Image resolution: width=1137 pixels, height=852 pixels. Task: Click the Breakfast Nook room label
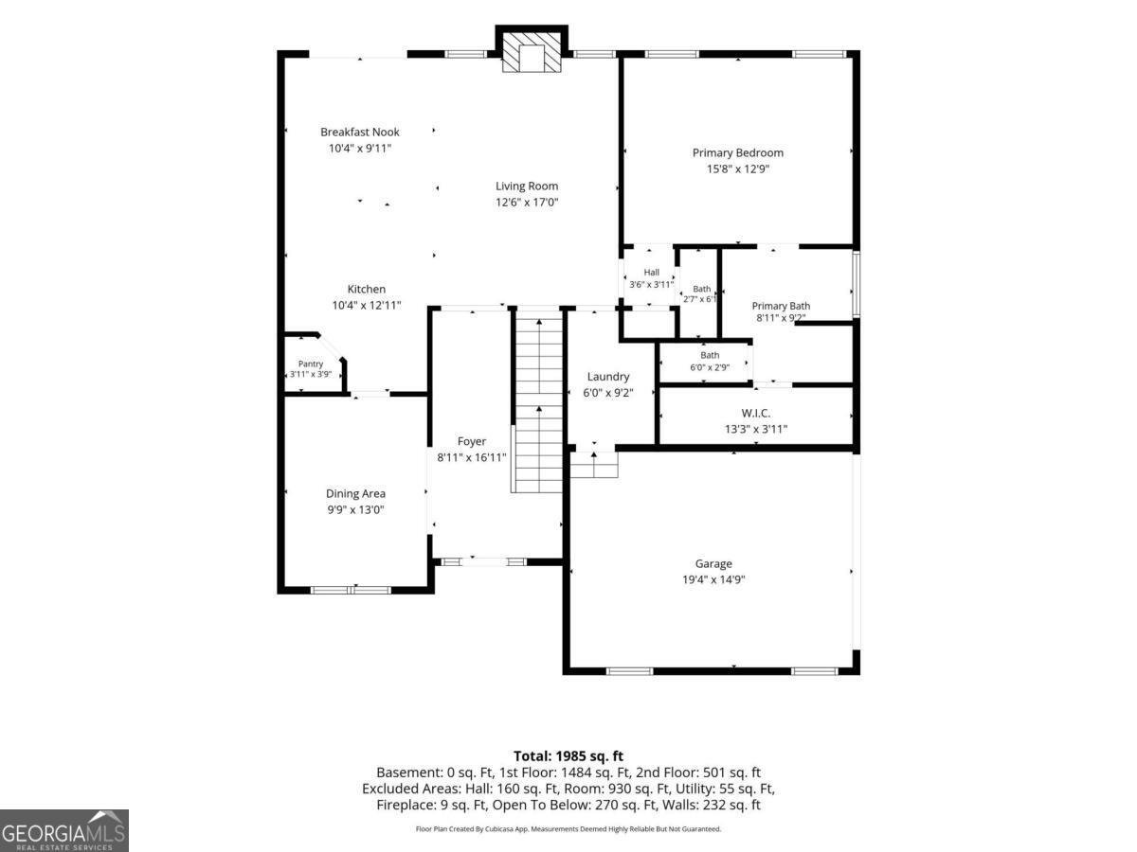pyautogui.click(x=359, y=133)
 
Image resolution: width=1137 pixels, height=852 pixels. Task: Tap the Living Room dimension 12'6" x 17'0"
pyautogui.click(x=527, y=203)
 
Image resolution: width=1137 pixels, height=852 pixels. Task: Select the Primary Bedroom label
pyautogui.click(x=737, y=153)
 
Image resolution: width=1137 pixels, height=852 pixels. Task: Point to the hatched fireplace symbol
pyautogui.click(x=532, y=52)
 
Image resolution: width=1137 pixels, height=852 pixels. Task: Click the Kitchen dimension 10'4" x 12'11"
pyautogui.click(x=367, y=306)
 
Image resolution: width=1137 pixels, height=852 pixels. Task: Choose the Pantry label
pyautogui.click(x=310, y=364)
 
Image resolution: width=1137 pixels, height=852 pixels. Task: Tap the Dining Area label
pyautogui.click(x=355, y=493)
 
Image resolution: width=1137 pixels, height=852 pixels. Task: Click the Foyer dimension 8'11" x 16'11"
pyautogui.click(x=471, y=458)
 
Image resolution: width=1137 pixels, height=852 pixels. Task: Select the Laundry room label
pyautogui.click(x=608, y=377)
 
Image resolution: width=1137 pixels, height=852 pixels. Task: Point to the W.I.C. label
pyautogui.click(x=756, y=414)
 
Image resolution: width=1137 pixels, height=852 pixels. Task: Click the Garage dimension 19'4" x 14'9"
pyautogui.click(x=713, y=579)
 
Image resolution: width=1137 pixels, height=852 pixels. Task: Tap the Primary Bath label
pyautogui.click(x=781, y=306)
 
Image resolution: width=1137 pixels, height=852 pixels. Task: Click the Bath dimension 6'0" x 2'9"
pyautogui.click(x=710, y=368)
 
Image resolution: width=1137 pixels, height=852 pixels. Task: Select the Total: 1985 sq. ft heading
pyautogui.click(x=568, y=755)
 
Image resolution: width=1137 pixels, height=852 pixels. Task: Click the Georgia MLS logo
pyautogui.click(x=64, y=830)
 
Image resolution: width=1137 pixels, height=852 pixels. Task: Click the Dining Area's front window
pyautogui.click(x=351, y=590)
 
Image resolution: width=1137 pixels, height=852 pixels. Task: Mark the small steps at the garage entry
pyautogui.click(x=594, y=465)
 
